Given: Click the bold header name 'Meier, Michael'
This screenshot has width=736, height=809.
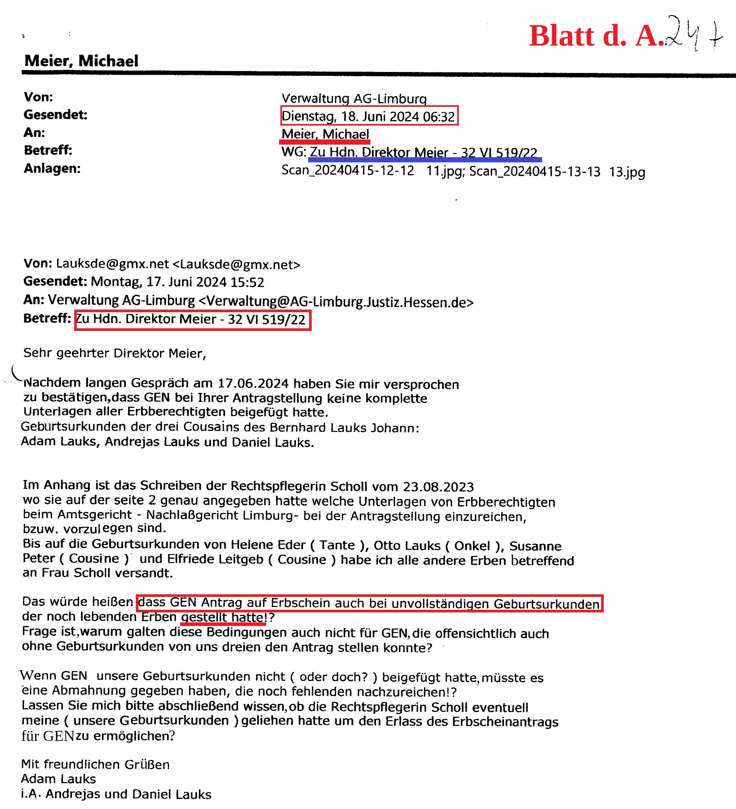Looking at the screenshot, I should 81,61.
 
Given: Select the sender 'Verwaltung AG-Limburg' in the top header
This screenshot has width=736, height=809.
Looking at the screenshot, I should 354,98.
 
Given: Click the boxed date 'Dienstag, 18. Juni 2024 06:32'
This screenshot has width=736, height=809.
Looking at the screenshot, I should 368,116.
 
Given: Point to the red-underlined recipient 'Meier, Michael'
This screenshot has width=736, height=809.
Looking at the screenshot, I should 325,134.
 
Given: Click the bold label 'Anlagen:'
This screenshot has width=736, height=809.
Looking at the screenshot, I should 52,168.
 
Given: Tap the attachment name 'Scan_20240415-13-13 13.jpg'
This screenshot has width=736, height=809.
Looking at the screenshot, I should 557,172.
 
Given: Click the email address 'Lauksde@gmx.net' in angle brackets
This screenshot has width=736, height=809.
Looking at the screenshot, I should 236,264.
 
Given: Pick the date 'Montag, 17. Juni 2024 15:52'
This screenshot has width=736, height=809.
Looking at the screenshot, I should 177,282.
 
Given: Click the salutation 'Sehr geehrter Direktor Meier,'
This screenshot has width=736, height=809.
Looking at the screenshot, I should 115,353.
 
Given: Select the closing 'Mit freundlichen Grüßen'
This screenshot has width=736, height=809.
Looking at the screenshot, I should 96,764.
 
